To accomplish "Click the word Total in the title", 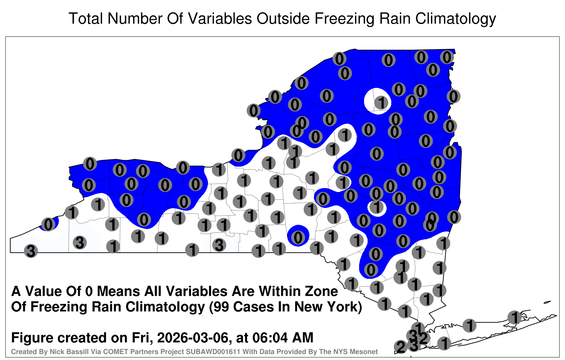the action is click(x=86, y=18).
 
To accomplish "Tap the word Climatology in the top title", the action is click(x=456, y=19).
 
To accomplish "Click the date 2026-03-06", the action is click(x=193, y=337).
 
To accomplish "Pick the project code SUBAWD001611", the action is click(x=213, y=352).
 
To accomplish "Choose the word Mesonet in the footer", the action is click(x=365, y=352).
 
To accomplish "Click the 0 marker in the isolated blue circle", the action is click(x=298, y=237).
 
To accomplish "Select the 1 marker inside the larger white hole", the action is click(x=381, y=103).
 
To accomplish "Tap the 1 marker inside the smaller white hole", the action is click(x=376, y=207).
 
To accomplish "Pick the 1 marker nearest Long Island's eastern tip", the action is click(x=514, y=317).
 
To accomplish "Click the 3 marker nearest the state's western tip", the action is click(x=31, y=251).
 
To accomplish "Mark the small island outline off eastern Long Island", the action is click(x=547, y=302).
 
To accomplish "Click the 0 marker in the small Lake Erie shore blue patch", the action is click(x=48, y=224).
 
